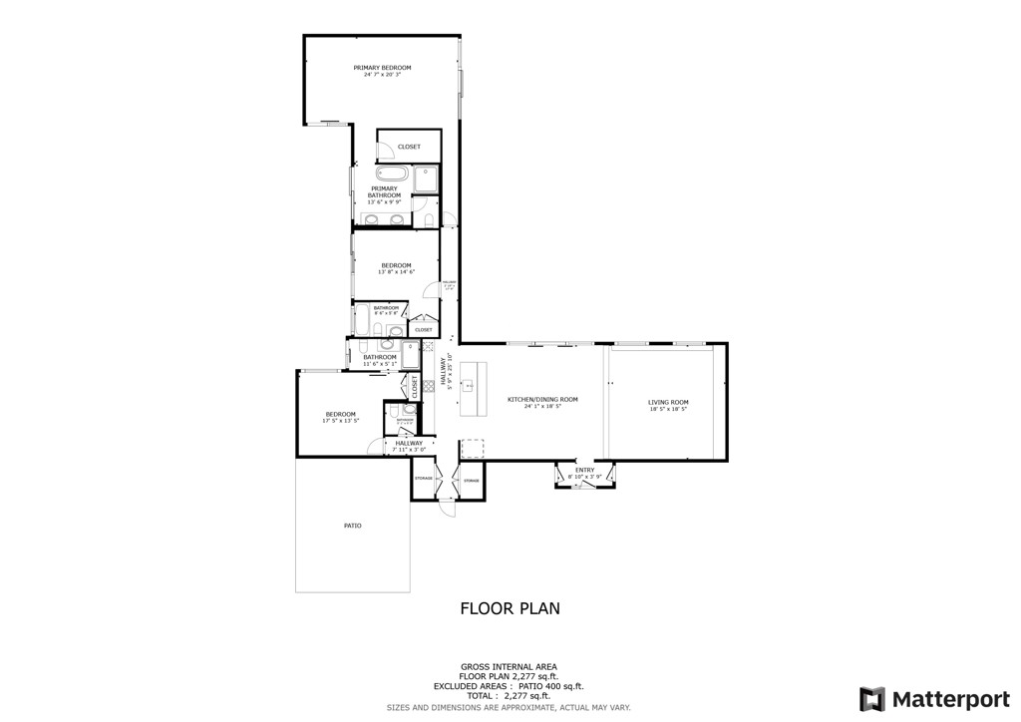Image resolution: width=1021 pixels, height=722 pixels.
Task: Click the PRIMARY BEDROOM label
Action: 382,68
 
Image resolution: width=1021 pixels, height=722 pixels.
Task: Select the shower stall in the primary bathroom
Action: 427,178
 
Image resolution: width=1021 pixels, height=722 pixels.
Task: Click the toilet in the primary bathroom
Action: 429,219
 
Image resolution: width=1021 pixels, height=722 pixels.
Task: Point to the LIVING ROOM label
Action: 668,402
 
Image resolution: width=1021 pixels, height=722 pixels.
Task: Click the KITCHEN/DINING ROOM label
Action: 542,400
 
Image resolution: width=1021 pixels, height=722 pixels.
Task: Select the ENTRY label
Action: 584,470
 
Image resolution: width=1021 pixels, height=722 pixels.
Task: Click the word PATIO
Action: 352,526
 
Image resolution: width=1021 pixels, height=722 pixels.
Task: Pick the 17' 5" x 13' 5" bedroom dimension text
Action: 340,421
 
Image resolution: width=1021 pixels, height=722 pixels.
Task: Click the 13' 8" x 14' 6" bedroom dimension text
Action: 396,272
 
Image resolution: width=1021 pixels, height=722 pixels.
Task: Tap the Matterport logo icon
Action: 871,698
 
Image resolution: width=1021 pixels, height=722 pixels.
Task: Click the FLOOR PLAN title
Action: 510,608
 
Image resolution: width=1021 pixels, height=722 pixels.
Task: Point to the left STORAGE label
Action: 424,480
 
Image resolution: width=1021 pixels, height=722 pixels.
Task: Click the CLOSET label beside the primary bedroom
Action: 409,147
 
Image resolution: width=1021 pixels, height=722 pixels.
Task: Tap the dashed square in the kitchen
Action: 473,450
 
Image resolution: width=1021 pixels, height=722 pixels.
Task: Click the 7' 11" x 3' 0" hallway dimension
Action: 409,450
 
